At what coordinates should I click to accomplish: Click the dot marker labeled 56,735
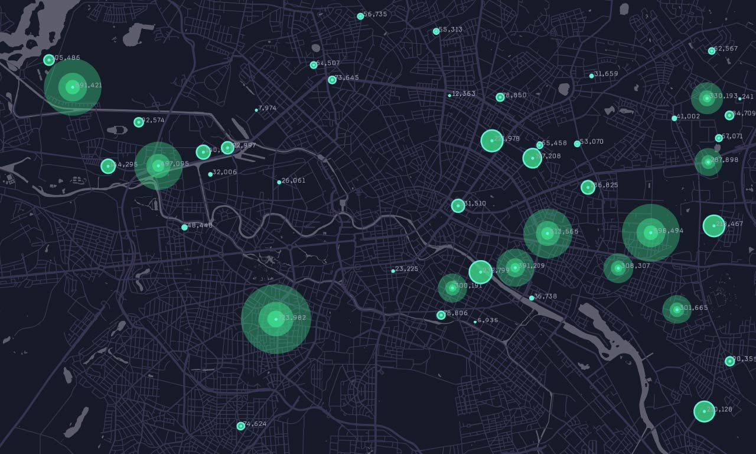[360, 16]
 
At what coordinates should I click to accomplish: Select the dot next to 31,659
[591, 76]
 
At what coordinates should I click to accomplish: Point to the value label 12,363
[464, 93]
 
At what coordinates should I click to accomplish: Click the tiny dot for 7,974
[256, 110]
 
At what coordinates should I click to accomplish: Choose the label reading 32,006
[224, 173]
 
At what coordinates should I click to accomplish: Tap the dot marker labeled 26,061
[279, 182]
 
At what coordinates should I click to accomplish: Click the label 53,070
[592, 142]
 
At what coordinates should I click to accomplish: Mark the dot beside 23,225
[393, 271]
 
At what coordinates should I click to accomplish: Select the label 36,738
[545, 297]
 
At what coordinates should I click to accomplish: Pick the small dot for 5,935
[475, 322]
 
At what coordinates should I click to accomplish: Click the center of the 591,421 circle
[73, 87]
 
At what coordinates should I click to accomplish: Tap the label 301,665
[694, 308]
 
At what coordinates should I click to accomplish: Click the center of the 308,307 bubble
[618, 268]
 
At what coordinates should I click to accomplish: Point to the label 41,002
[688, 116]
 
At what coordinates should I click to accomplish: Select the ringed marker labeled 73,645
[332, 80]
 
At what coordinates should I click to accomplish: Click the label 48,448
[200, 225]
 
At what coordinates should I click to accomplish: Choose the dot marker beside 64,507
[314, 65]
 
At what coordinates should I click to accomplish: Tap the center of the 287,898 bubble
[708, 161]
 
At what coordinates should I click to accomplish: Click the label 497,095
[175, 164]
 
